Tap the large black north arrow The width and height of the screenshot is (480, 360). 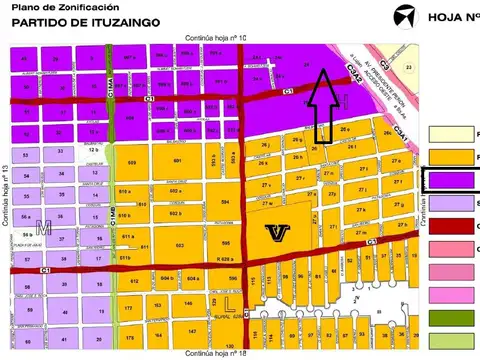[323, 105]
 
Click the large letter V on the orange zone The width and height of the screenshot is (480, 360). [277, 232]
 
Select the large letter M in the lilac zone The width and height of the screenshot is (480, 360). [42, 230]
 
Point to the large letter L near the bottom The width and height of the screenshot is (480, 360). [229, 300]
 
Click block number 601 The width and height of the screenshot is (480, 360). [177, 161]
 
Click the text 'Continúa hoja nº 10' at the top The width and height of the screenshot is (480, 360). [215, 37]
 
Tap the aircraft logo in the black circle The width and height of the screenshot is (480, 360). [404, 17]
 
